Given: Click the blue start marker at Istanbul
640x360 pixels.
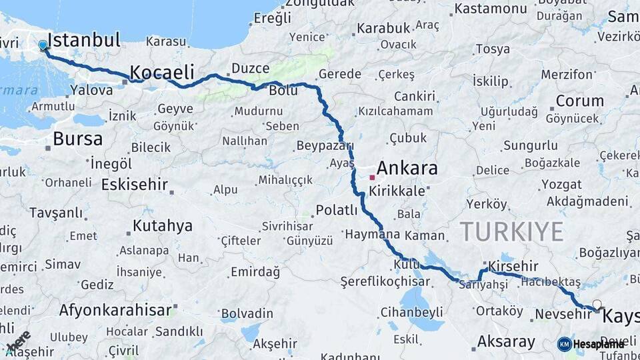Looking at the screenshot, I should tap(43, 45).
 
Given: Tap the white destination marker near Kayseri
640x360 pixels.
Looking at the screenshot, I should tap(597, 305).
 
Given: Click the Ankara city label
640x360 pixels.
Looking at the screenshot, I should tap(407, 168).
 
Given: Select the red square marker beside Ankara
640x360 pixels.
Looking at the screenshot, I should tap(372, 178).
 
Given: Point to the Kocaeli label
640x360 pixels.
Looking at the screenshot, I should tap(161, 72).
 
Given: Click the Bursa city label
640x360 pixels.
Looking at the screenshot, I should tap(77, 139).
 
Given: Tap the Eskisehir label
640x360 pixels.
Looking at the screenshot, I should tap(133, 184).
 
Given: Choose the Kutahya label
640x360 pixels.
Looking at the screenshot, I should tap(162, 226).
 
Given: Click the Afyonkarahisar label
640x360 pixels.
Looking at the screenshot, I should tap(115, 310).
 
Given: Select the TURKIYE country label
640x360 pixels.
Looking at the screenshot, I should tap(511, 231).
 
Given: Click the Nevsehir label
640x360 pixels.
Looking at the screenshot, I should tap(563, 313).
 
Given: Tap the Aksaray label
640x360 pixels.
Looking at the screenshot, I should tap(506, 342).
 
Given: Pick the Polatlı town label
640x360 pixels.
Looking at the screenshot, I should tap(337, 210).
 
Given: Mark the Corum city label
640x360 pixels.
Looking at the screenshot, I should tap(579, 101).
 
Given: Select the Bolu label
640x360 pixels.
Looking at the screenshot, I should tap(283, 90).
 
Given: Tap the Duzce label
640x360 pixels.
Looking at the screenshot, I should tap(250, 69).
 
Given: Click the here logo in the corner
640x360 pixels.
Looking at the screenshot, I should tap(18, 341).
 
